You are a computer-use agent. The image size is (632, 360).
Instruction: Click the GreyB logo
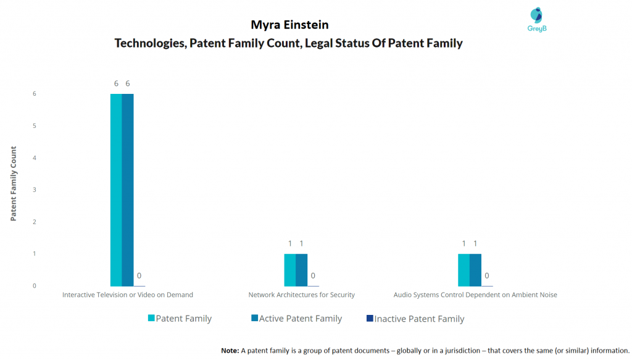(536, 20)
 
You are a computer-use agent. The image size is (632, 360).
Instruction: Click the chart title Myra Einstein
(289, 25)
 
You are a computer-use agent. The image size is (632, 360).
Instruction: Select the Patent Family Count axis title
(14, 183)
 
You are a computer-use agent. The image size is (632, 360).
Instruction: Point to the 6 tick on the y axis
(35, 93)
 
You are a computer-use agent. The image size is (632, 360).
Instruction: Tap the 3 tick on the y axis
(35, 190)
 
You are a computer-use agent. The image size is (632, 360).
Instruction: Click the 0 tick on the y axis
(35, 286)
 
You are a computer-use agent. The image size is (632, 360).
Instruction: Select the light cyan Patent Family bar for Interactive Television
(116, 190)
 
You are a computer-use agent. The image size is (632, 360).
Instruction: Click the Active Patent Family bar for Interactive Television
(128, 190)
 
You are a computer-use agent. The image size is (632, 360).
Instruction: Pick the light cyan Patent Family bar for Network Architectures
(290, 270)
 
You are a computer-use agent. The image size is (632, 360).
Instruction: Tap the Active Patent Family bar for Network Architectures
(301, 270)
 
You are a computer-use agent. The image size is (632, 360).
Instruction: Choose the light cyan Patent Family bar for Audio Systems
(464, 270)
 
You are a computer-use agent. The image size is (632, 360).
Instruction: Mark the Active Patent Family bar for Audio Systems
(475, 270)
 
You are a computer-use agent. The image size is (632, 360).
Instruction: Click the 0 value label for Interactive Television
(139, 276)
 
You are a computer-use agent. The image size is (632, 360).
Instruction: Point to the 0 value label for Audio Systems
(487, 276)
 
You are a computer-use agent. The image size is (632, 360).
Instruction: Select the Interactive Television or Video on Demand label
(127, 295)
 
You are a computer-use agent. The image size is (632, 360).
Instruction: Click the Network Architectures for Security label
(301, 295)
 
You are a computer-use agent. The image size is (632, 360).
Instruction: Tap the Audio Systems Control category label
(475, 295)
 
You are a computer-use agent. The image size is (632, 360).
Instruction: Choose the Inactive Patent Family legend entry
(415, 319)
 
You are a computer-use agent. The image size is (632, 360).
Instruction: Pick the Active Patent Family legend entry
(296, 319)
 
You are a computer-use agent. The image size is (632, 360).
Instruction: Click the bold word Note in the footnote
(230, 351)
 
